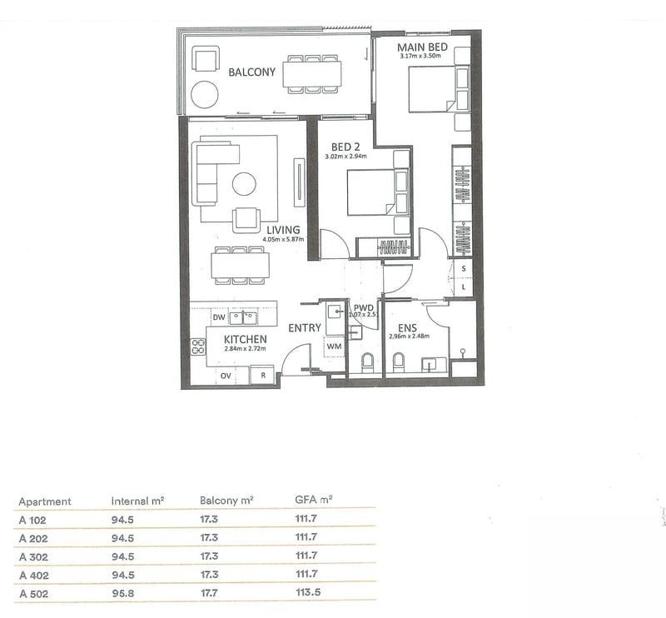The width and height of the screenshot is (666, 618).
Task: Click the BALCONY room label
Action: point(251,72)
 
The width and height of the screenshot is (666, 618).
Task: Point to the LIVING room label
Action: point(283,229)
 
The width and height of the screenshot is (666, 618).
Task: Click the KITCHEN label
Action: point(245,339)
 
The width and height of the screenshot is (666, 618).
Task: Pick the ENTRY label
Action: point(305,328)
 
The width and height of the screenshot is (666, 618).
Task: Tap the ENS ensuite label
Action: point(407,328)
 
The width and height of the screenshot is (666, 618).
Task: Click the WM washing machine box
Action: point(335,345)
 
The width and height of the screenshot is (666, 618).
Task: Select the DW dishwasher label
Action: point(219,317)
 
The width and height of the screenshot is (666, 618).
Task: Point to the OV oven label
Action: point(225,376)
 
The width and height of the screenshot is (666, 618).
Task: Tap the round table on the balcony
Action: point(203,94)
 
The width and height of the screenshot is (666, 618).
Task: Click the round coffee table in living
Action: point(245,183)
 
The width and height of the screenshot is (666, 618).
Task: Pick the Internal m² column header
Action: point(137,501)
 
